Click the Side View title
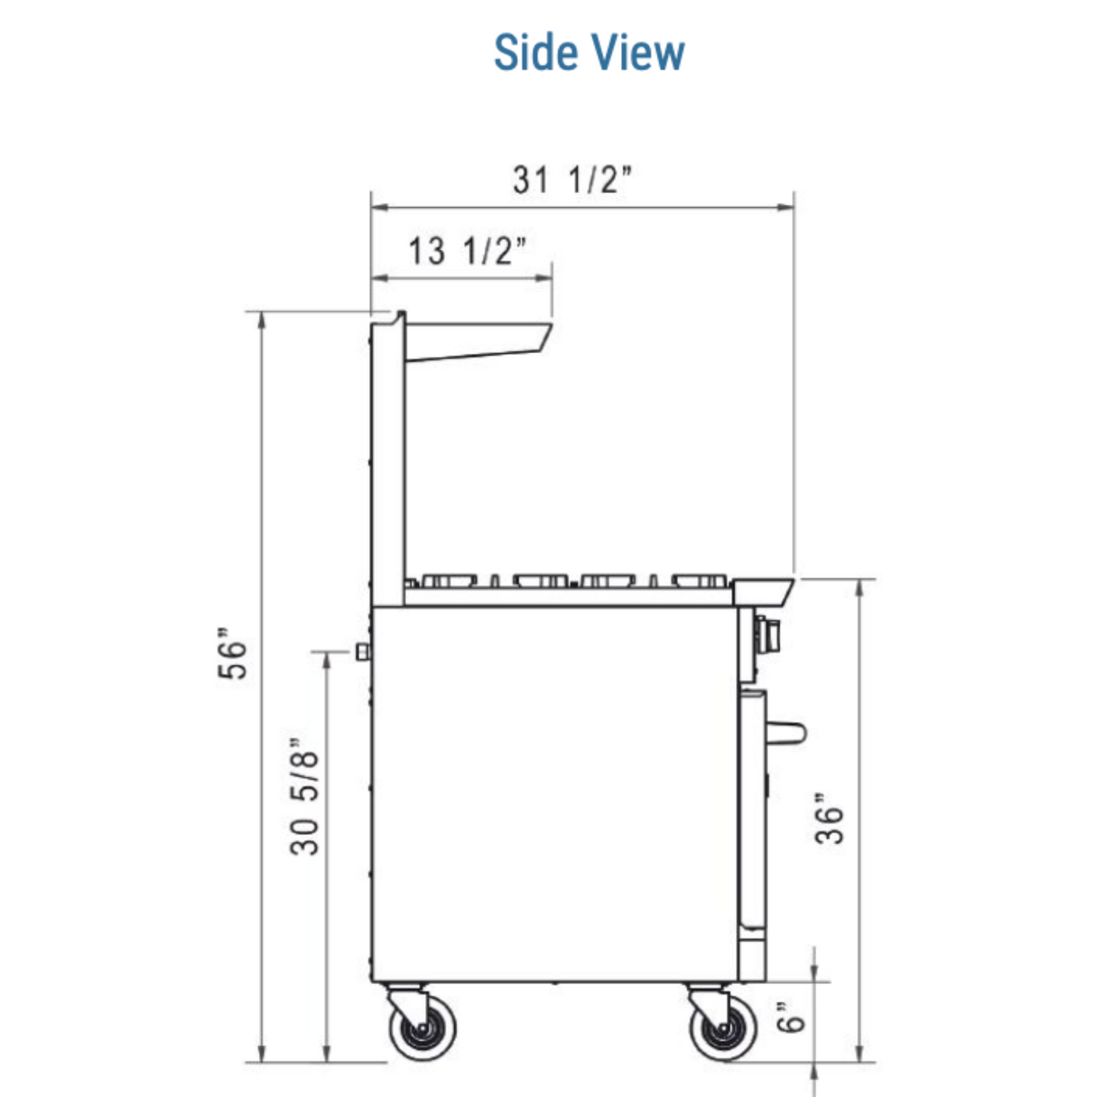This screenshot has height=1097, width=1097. [x=589, y=52]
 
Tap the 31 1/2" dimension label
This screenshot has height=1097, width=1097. [x=572, y=179]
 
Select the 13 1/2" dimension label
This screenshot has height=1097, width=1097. [x=468, y=251]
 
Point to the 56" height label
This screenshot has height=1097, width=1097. [x=232, y=654]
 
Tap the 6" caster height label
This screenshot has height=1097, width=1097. [x=791, y=1017]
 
